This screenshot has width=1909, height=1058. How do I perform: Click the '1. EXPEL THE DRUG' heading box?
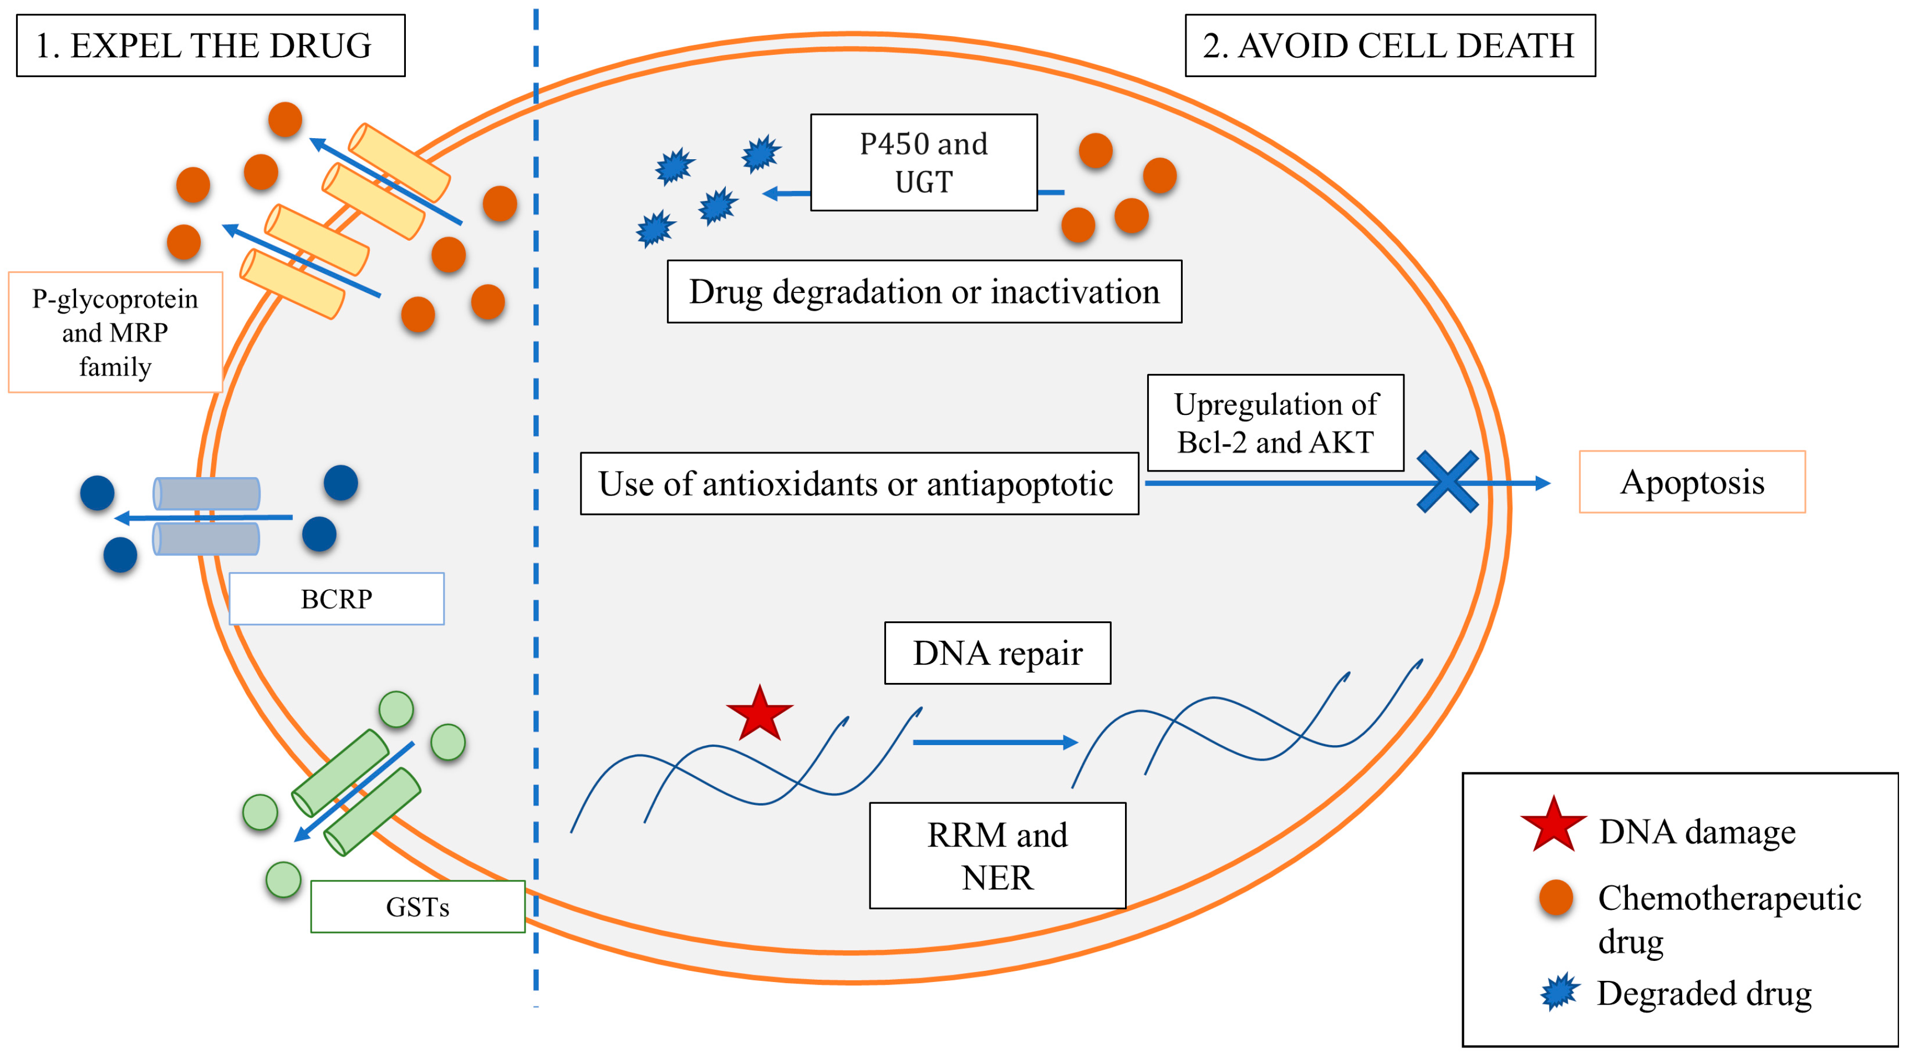coord(211,45)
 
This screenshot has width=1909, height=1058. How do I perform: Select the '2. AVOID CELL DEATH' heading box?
coord(1389,45)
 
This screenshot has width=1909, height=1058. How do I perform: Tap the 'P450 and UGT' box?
coord(923,163)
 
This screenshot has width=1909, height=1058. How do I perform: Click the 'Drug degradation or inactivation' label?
coord(924,291)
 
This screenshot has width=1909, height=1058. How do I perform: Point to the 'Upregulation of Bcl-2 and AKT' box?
coord(1275,423)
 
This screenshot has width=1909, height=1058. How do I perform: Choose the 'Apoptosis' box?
coord(1692,482)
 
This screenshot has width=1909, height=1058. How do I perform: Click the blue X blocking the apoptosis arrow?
coord(1447,482)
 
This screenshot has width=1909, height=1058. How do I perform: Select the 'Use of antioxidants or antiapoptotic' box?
coord(859,483)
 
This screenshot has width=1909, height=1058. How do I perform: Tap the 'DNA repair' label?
coord(997,653)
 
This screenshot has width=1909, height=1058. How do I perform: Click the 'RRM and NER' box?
coord(997,855)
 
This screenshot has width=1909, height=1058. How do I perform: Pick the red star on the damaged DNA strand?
coord(760,715)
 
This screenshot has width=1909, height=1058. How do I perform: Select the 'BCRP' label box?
coord(337,598)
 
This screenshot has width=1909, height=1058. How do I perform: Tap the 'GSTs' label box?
coord(417,906)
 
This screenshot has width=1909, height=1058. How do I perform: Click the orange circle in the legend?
coord(1556,898)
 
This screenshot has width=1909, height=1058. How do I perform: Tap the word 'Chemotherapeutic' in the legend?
coord(1729,898)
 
